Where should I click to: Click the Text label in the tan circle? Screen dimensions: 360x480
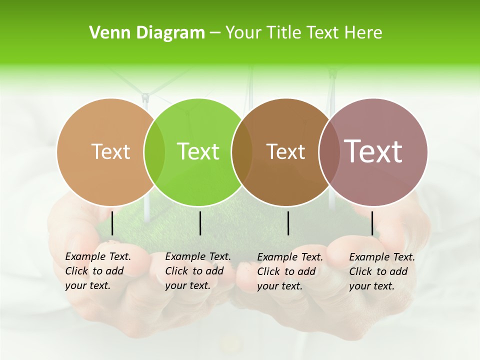(x=110, y=151)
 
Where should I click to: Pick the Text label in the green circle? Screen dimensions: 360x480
(x=198, y=151)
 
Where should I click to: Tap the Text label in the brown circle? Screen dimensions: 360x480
(x=285, y=151)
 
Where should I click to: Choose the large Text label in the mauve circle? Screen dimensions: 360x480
(x=373, y=151)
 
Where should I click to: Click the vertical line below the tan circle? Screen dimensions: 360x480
(x=112, y=223)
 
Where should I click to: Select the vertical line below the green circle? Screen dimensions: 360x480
(x=200, y=223)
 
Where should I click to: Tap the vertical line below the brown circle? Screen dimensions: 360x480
(x=288, y=223)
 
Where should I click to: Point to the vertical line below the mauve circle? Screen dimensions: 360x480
(x=372, y=223)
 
